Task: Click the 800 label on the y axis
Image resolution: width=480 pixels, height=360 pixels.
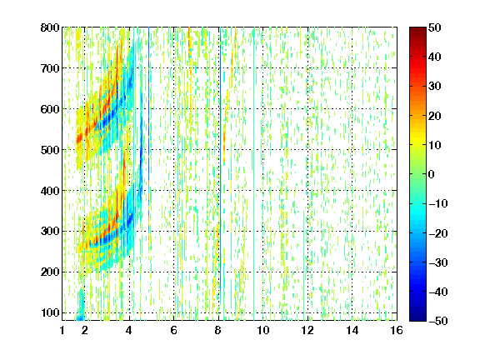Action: tap(50, 27)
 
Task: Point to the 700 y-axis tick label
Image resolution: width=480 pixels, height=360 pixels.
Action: tap(50, 68)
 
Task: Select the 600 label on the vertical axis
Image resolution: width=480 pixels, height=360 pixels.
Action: tap(50, 109)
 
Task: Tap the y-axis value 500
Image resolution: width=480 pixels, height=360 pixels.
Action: tap(50, 150)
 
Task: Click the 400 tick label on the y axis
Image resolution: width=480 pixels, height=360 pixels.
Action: tap(50, 191)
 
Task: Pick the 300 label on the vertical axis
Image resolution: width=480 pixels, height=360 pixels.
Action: tap(50, 232)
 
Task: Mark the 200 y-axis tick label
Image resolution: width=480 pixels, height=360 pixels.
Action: tap(50, 272)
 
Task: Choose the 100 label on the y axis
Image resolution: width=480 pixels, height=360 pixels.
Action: tap(50, 312)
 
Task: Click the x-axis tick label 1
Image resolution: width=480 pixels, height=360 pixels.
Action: tap(62, 330)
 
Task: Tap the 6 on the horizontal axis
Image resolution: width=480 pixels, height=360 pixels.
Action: tap(174, 330)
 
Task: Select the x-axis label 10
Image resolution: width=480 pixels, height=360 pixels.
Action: tap(263, 330)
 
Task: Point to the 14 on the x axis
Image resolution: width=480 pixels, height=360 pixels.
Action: tap(352, 330)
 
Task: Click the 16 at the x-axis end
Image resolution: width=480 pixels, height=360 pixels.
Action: tap(397, 330)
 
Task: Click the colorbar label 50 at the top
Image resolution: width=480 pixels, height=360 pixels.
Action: tap(435, 27)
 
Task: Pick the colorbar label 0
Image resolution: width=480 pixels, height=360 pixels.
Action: tap(432, 174)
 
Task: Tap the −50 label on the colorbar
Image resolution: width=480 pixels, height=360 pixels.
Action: tap(437, 321)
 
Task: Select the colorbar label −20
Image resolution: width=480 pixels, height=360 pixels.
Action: tap(437, 233)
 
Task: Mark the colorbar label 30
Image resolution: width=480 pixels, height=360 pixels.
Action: tap(435, 87)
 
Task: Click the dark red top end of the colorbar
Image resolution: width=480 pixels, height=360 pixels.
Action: tap(417, 30)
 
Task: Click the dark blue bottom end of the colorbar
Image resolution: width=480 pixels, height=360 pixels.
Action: tap(417, 318)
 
